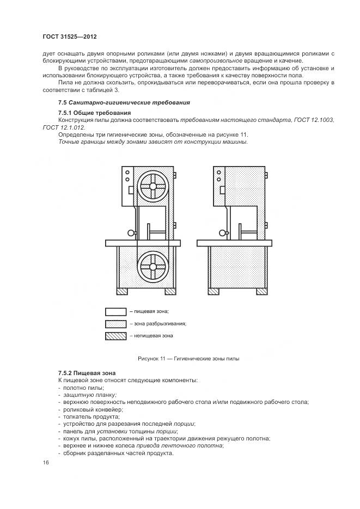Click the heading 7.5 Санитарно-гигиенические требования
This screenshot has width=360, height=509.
[124, 102]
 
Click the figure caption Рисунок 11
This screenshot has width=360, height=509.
[189, 358]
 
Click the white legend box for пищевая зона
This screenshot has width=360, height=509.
[115, 311]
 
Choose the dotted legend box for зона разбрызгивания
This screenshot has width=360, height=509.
[115, 323]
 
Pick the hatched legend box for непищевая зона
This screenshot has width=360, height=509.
[115, 336]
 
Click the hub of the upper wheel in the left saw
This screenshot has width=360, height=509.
[154, 187]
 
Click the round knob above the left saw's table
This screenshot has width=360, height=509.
[131, 233]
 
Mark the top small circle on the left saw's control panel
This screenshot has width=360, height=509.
[127, 171]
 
